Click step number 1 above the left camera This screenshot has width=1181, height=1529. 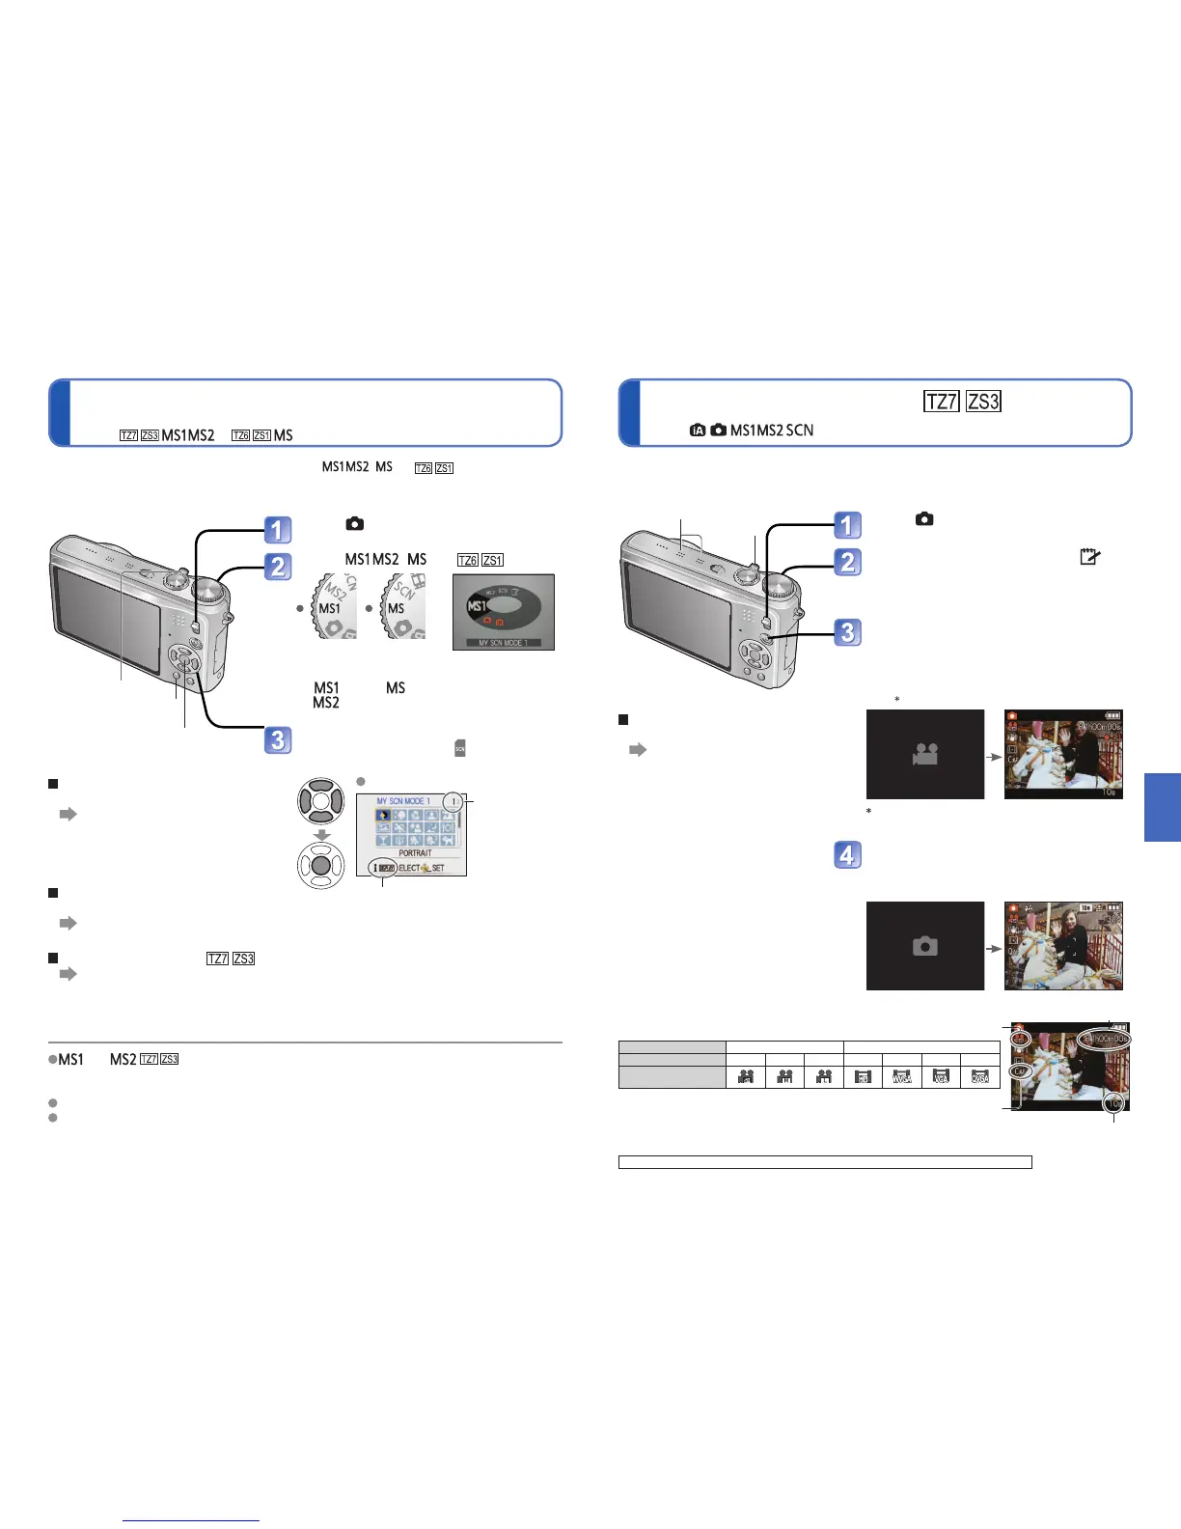pos(278,530)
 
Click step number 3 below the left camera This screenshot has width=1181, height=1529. pos(278,740)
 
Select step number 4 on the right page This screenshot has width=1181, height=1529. pos(847,855)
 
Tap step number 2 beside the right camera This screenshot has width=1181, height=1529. pos(847,562)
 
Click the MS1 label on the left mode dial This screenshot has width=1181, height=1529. pos(330,608)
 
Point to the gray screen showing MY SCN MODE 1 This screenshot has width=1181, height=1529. pos(504,612)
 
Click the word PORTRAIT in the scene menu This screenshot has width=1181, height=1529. pos(415,853)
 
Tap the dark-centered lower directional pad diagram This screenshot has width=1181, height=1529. pos(321,865)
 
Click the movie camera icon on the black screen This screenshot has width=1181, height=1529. pos(925,754)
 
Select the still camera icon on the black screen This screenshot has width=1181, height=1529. pos(925,946)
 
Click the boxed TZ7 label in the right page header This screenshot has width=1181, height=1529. pos(942,402)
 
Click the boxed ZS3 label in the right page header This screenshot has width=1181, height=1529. pos(983,402)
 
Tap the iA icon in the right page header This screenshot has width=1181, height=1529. pos(698,431)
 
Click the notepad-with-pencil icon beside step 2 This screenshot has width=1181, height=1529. pos(1089,556)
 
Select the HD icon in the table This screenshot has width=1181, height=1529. pos(864,1076)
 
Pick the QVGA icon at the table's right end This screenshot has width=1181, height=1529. pos(980,1076)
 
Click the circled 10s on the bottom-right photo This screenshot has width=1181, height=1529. pos(1115,1102)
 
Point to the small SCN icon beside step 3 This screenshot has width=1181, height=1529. pos(460,748)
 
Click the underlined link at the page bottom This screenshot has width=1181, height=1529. pos(191,1520)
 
